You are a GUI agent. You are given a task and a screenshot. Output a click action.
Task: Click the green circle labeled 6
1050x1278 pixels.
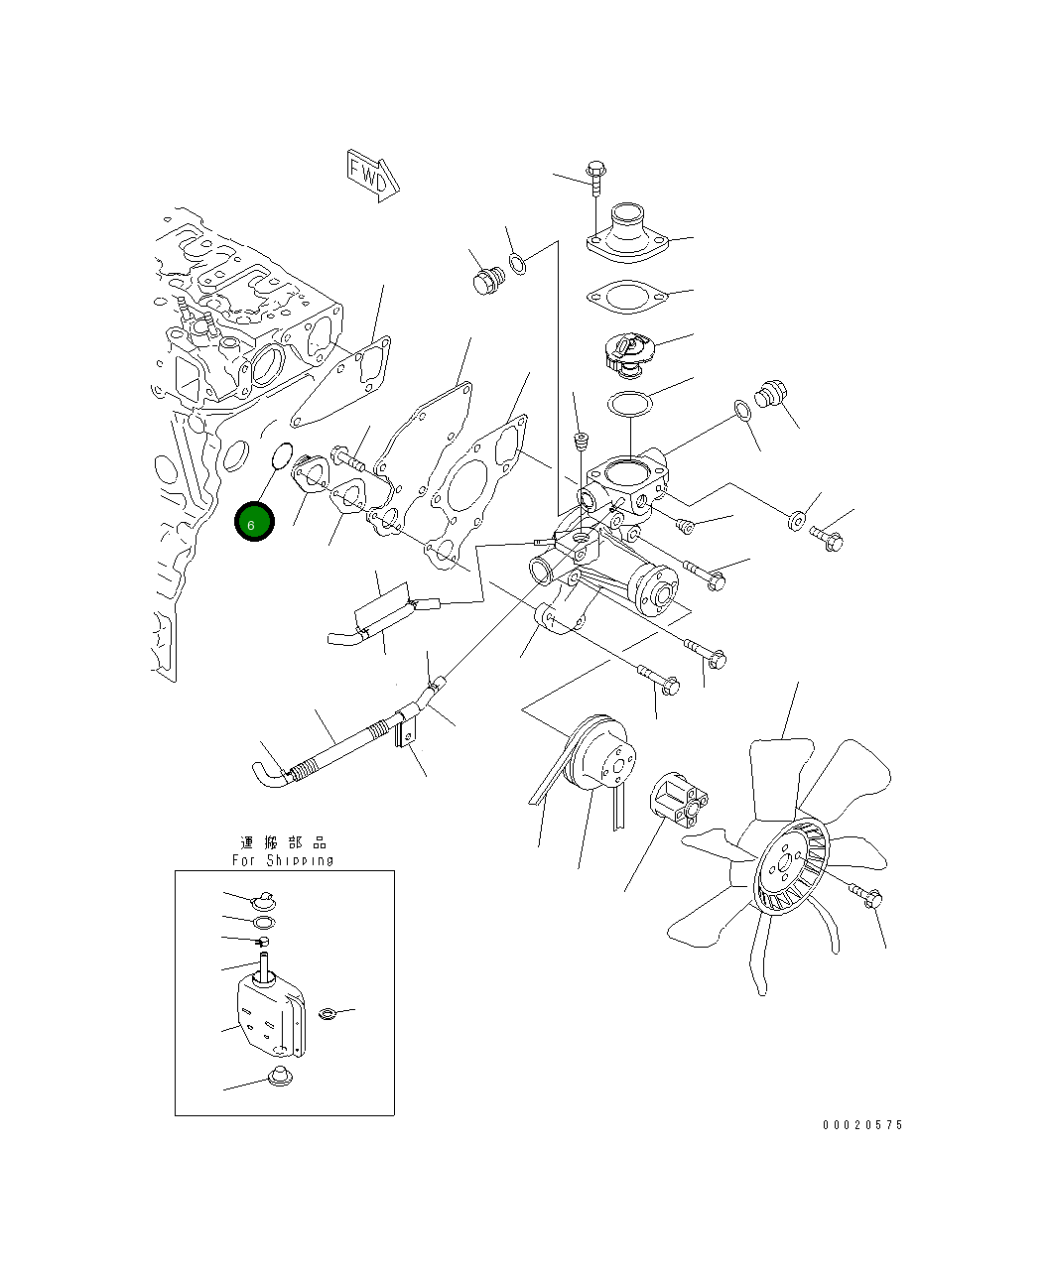click(254, 523)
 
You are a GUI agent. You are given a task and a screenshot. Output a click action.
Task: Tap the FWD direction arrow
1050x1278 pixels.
click(372, 175)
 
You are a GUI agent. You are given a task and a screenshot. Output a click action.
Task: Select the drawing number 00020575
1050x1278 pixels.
click(862, 1125)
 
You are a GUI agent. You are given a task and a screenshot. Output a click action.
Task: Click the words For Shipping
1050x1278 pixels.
click(283, 860)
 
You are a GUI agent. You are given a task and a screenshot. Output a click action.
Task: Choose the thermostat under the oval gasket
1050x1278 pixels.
click(628, 352)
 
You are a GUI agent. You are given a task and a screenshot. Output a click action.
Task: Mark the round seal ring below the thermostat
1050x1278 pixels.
click(628, 405)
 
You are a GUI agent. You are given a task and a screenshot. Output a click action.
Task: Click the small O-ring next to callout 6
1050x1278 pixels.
click(281, 457)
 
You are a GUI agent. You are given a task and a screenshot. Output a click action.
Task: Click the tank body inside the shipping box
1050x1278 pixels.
click(268, 1012)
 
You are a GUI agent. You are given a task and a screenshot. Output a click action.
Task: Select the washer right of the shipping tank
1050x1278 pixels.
click(328, 1013)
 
